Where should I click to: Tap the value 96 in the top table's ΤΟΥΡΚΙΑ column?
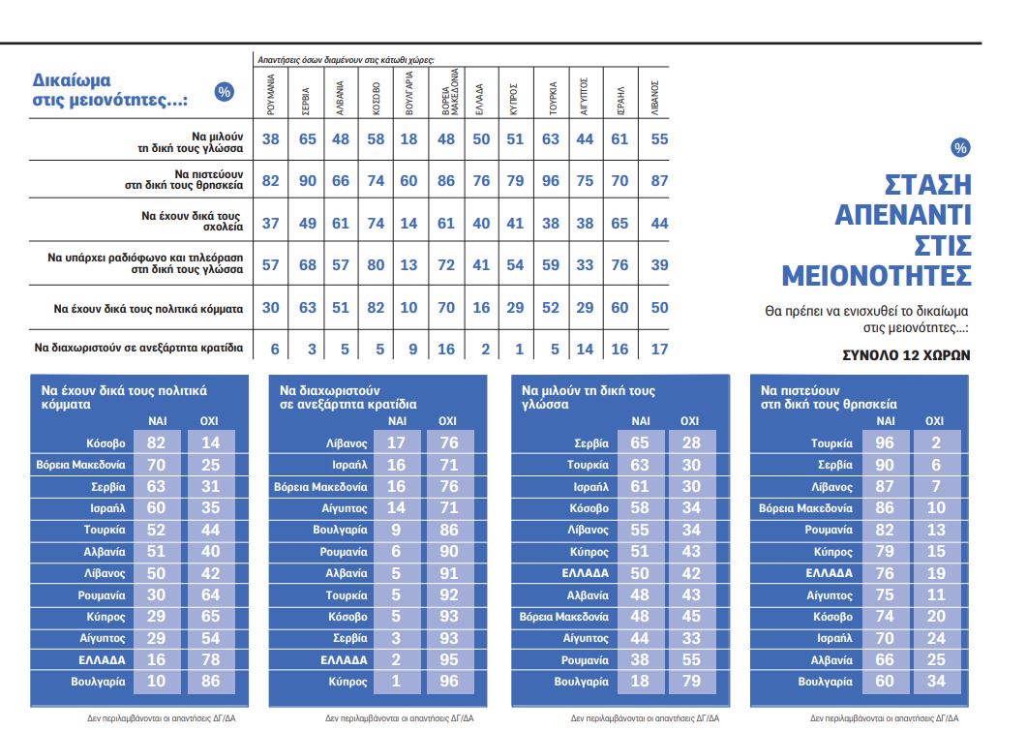tap(551, 180)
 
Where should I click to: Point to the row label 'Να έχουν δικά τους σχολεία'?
tap(192, 222)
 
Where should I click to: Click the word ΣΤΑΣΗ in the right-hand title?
tap(928, 184)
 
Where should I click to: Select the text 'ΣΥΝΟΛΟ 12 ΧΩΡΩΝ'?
tap(907, 355)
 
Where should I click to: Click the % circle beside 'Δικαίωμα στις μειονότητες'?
tap(225, 92)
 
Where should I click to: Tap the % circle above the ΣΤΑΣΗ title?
tap(959, 147)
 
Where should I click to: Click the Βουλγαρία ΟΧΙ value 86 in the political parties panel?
tap(209, 682)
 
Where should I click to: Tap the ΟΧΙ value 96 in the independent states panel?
tap(448, 682)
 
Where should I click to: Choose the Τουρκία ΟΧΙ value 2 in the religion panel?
tap(935, 443)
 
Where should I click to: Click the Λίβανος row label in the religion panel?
tap(831, 487)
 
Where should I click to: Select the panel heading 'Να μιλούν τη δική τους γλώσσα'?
tap(588, 397)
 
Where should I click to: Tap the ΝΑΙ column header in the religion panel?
tap(885, 421)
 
